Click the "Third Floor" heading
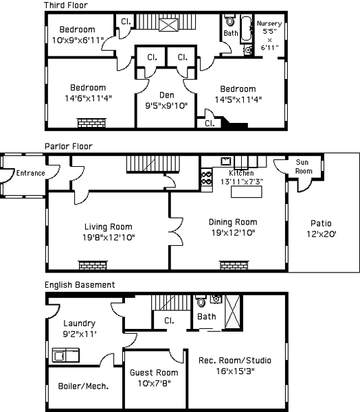66,5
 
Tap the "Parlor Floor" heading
69,146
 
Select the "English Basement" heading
80,285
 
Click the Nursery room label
269,23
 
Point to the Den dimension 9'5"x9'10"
166,106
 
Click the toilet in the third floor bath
230,20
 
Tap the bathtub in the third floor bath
247,29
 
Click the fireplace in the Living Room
93,265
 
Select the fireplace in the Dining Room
234,265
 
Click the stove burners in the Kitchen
207,178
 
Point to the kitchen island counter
247,192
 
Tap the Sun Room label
304,167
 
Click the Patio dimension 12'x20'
322,234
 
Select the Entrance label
30,173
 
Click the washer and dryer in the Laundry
66,355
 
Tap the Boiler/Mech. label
83,386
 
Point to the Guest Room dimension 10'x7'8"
154,383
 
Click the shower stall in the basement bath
232,312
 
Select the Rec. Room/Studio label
235,360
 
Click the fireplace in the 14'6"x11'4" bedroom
92,123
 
